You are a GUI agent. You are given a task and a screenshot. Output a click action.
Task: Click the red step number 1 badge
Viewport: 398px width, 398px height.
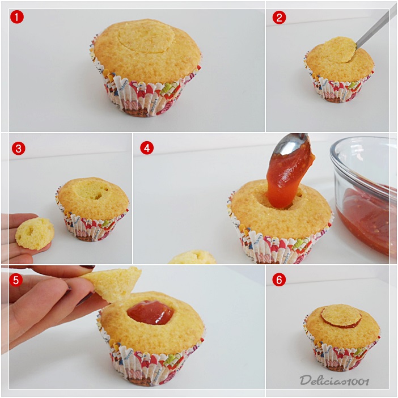point(17,17)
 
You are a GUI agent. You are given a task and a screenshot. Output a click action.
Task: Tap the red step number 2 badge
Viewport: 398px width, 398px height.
point(279,18)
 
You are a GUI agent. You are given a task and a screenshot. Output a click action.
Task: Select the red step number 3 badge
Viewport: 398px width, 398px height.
point(19,149)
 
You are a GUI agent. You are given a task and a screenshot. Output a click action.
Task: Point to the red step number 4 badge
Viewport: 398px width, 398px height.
point(147,148)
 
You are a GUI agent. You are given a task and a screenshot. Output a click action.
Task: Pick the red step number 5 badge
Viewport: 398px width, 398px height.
point(16,280)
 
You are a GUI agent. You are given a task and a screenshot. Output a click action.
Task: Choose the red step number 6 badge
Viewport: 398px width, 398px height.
point(279,280)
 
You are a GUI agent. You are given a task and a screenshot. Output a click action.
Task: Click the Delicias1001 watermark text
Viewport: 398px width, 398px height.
point(334,380)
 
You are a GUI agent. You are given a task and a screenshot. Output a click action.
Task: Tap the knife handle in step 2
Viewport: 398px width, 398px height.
point(372,28)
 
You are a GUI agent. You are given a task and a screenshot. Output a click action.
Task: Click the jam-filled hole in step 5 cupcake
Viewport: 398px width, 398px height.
point(151,312)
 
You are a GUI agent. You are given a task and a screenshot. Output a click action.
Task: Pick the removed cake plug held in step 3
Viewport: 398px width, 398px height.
point(35,234)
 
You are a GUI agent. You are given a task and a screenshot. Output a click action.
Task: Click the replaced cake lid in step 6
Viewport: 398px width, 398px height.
point(341,315)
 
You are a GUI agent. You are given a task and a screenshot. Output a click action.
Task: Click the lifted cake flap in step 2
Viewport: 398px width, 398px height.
point(335,49)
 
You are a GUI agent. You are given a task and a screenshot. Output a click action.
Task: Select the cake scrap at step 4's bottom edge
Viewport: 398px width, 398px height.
point(192,257)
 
